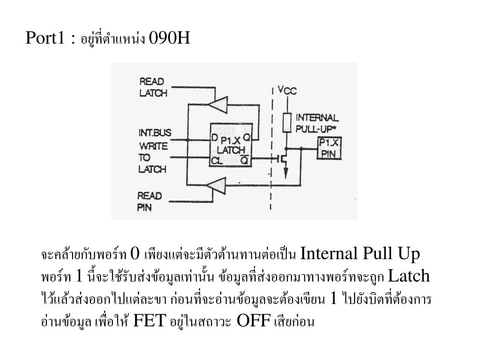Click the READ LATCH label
pyautogui.click(x=153, y=87)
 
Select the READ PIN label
pyautogui.click(x=149, y=201)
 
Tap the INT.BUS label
pyautogui.click(x=155, y=133)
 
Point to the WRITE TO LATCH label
pyautogui.click(x=153, y=157)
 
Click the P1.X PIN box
pyautogui.click(x=330, y=149)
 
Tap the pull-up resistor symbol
pyautogui.click(x=287, y=123)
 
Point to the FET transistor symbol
pyautogui.click(x=283, y=158)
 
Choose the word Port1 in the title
pyautogui.click(x=45, y=37)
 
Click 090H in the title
pyautogui.click(x=169, y=37)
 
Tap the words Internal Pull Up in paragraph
pyautogui.click(x=360, y=254)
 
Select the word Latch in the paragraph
pyautogui.click(x=409, y=276)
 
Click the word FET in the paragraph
pyautogui.click(x=150, y=321)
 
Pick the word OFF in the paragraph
pyautogui.click(x=254, y=321)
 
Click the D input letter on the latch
pyautogui.click(x=215, y=138)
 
